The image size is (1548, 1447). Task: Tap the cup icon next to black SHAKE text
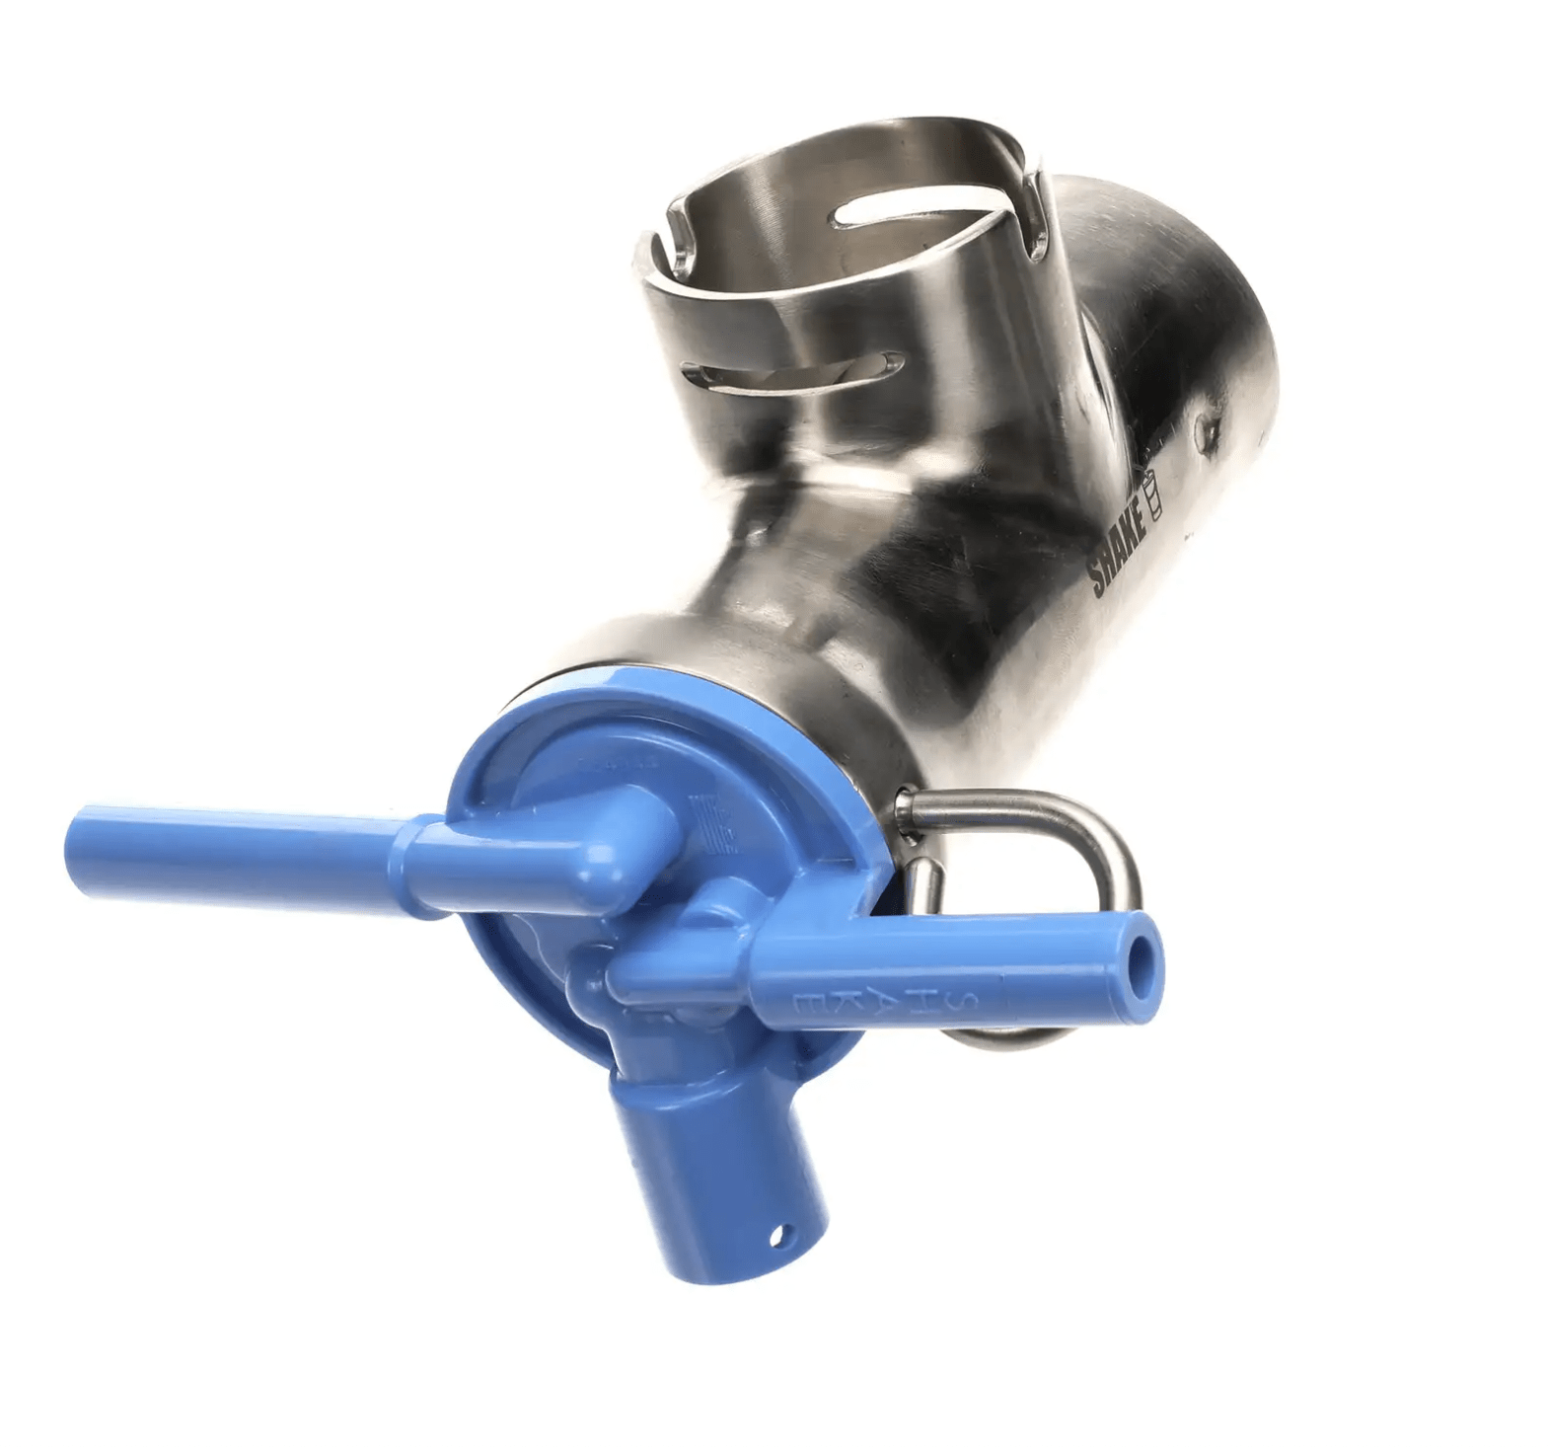[x=1151, y=491]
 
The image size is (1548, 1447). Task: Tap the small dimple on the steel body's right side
[x=1205, y=425]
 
